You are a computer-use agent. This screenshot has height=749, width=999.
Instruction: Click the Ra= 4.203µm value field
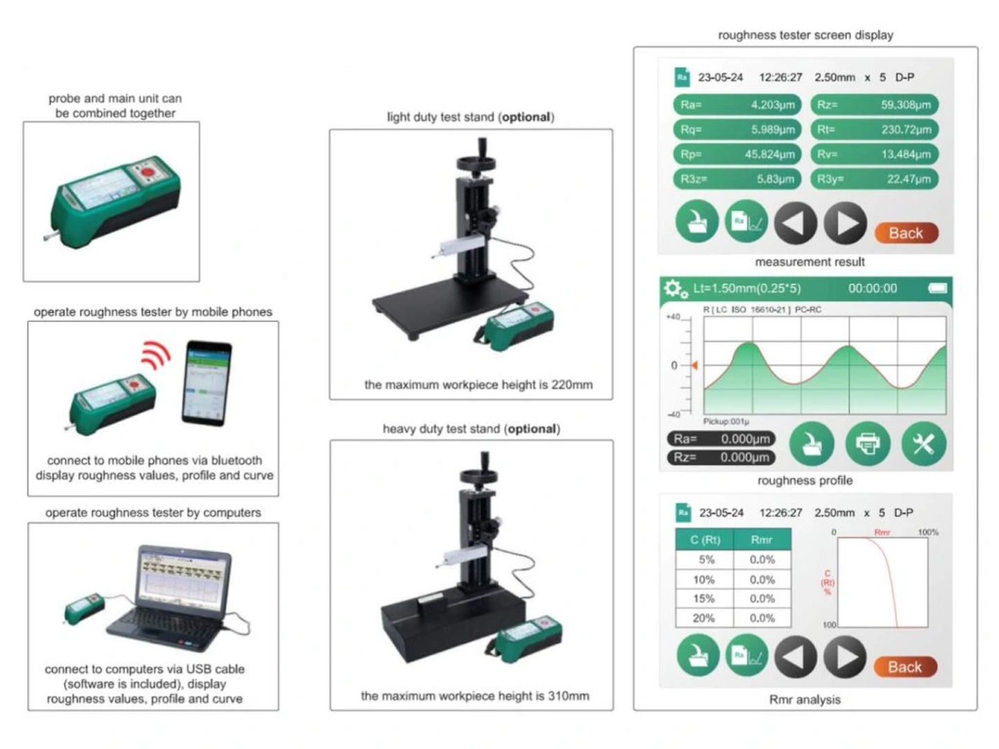736,104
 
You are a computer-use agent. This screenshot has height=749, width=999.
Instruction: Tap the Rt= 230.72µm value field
874,129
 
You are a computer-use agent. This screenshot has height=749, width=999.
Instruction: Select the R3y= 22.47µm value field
874,179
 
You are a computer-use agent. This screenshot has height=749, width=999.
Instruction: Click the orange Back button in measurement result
906,233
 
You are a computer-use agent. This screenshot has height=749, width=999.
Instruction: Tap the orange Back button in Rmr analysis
904,667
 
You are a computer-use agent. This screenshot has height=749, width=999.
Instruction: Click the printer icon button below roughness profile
868,443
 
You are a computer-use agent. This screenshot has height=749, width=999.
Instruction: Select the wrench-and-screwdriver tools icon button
923,443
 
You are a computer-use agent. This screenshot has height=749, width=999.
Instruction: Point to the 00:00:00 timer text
872,288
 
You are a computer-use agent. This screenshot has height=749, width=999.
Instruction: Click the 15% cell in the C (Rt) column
704,598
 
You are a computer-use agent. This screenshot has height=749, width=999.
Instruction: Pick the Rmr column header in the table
761,540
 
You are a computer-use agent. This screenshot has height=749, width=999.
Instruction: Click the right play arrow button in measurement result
845,223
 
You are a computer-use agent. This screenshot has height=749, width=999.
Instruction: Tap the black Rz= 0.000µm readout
721,457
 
